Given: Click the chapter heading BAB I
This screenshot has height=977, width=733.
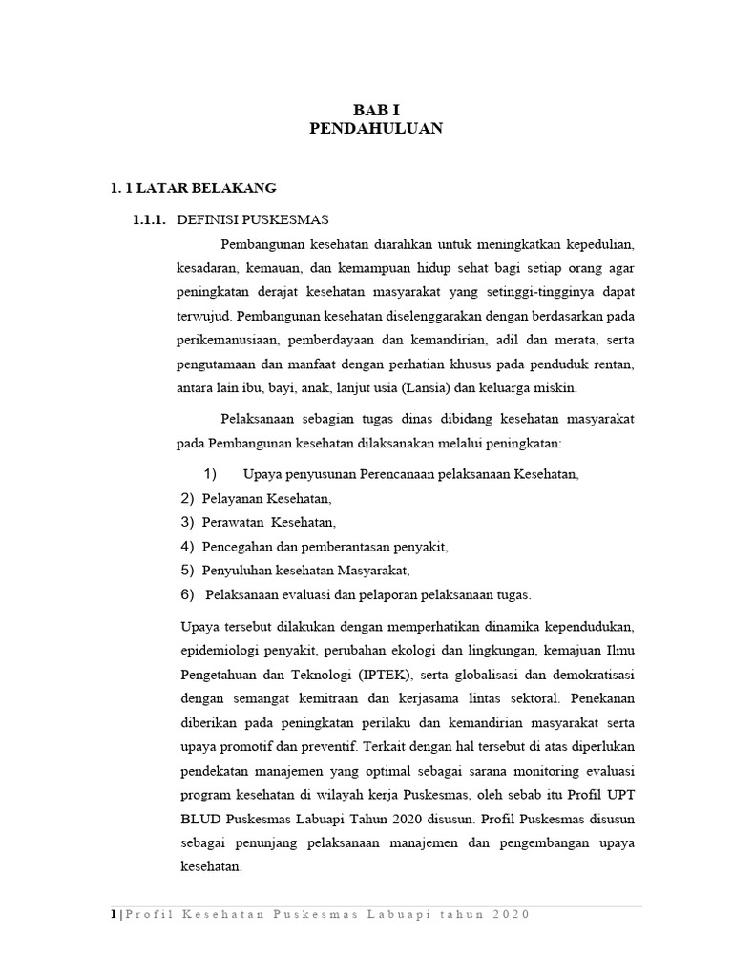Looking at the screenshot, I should coord(376,110).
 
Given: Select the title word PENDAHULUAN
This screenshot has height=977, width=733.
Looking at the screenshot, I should coord(376,129).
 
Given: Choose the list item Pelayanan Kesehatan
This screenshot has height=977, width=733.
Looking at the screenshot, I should coord(266,498).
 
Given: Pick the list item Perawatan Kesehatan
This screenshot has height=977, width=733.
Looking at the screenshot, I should coord(269,523).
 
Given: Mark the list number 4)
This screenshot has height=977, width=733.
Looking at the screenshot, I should coord(187,547).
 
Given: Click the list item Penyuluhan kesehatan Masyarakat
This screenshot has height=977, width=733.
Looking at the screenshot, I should coord(305,571).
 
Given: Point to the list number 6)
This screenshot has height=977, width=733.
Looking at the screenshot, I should coord(187,594).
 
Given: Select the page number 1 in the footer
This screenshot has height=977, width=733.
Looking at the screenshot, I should coord(113,914).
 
